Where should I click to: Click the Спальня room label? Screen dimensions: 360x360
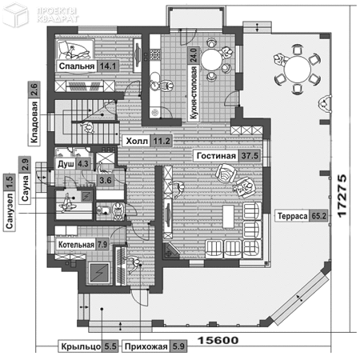click(x=77, y=66)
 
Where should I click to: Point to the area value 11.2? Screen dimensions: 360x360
click(x=163, y=141)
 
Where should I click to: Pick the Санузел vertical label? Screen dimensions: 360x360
click(x=9, y=214)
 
